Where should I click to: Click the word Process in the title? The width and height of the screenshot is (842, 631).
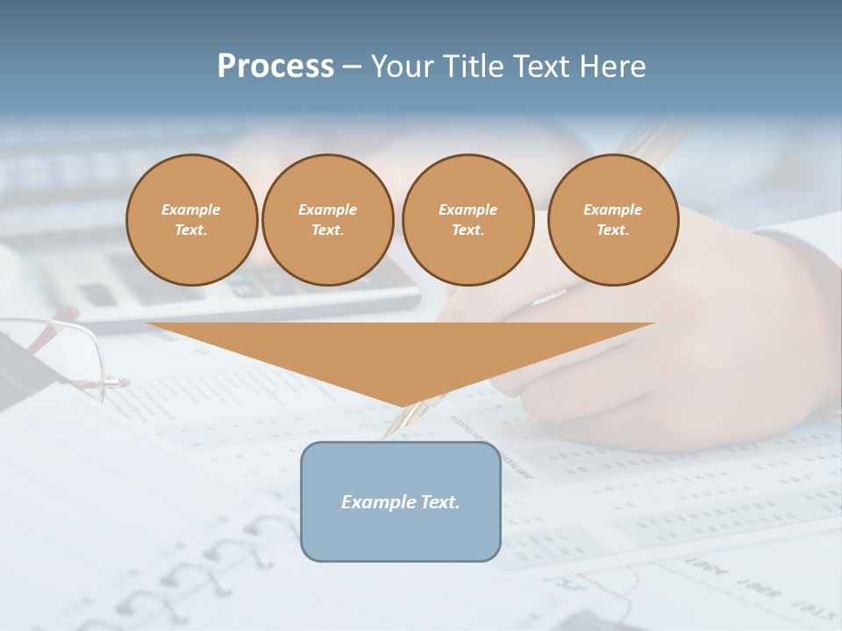pyautogui.click(x=275, y=67)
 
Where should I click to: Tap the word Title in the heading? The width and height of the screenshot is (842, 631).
pyautogui.click(x=472, y=67)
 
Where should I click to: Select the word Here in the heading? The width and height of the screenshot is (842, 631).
pyautogui.click(x=610, y=67)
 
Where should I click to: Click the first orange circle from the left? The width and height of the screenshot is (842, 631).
pyautogui.click(x=191, y=220)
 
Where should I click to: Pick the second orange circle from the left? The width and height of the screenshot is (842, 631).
pyautogui.click(x=327, y=220)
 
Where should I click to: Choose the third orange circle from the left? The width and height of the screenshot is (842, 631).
pyautogui.click(x=467, y=220)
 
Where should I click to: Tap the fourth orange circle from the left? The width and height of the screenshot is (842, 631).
pyautogui.click(x=612, y=220)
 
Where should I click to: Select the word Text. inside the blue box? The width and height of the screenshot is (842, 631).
pyautogui.click(x=439, y=502)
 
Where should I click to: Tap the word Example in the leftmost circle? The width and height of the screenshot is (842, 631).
pyautogui.click(x=191, y=209)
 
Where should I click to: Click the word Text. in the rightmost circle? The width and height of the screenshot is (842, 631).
pyautogui.click(x=612, y=230)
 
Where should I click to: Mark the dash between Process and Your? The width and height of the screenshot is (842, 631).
pyautogui.click(x=352, y=67)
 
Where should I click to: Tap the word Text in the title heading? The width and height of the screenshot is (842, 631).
pyautogui.click(x=540, y=67)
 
